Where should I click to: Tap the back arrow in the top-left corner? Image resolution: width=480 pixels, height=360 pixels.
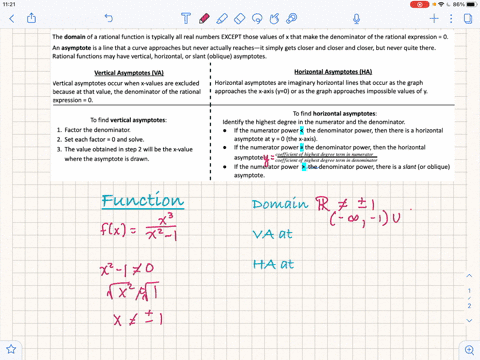[11, 19]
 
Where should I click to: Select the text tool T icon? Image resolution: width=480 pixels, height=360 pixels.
[187, 19]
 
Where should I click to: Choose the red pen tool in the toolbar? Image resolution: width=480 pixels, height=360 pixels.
[203, 19]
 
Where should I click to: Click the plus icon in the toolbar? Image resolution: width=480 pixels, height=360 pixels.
[434, 19]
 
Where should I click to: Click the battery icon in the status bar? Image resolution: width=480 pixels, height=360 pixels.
[467, 4]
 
